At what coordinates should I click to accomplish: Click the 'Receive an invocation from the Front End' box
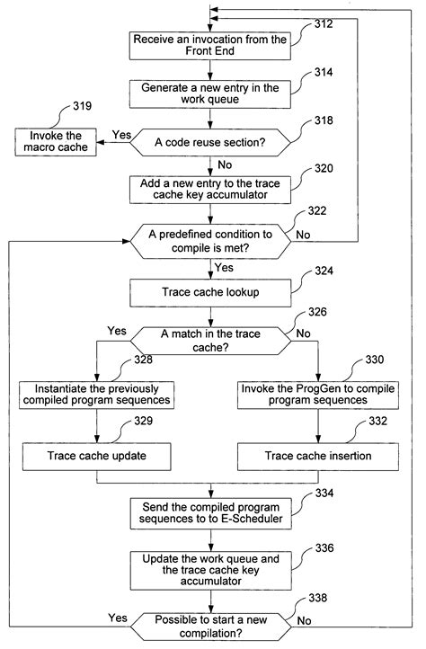click(x=210, y=46)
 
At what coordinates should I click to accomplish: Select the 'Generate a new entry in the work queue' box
click(x=210, y=93)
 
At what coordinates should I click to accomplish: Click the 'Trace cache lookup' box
click(x=210, y=291)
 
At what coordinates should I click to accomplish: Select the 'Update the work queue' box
click(x=210, y=570)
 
